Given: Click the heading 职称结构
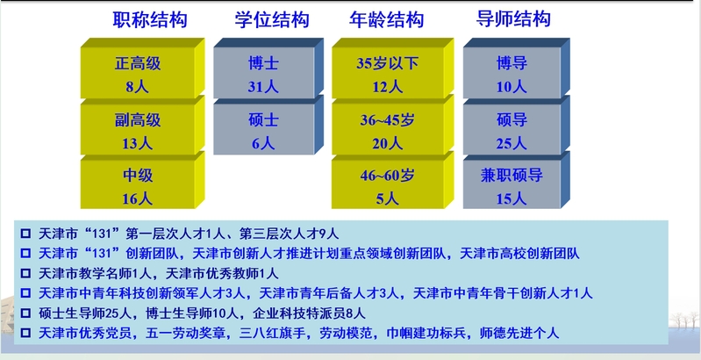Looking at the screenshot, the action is pos(149,20).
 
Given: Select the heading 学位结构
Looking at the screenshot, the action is pos(272,20).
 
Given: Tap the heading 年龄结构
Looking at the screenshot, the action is pos(386,20).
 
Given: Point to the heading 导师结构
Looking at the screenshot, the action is pos(512,20).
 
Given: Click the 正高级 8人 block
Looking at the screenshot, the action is pos(142,68).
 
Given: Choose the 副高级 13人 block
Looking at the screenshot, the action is pos(142,126).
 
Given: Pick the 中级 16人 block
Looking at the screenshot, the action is pos(142,181).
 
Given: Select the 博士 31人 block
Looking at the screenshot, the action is pos(268,68).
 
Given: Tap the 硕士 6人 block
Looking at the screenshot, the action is pos(268,126).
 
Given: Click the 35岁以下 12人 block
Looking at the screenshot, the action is pos(392,68).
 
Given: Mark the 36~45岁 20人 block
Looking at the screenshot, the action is pos(392,126).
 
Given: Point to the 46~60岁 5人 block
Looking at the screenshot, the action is pos(392,181).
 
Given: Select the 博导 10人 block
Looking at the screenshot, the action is pos(517,68).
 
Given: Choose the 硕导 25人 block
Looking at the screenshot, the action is pos(517,126).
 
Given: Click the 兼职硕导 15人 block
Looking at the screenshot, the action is pos(517,181).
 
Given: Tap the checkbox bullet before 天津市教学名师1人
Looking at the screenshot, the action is pos(26,273).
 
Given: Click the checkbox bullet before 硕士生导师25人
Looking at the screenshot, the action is pos(26,313).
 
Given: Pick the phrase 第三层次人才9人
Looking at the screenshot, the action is pos(290,234).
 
